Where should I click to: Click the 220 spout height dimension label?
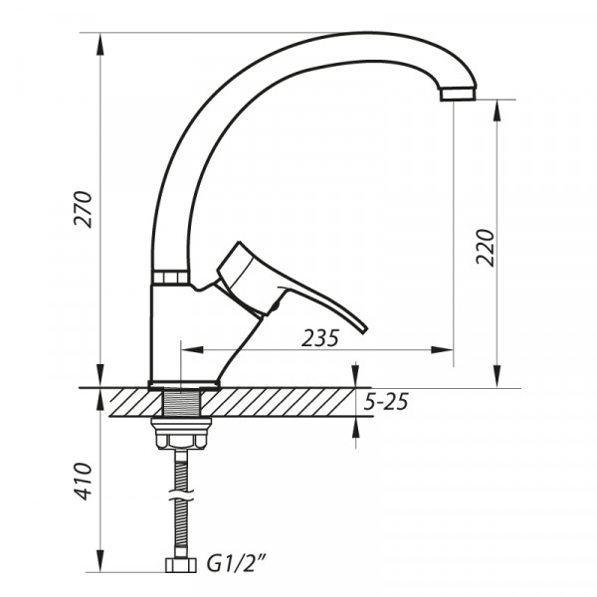point(485,248)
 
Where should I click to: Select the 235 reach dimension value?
point(319,338)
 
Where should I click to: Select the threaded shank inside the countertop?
point(181,403)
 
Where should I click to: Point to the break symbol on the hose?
point(181,495)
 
